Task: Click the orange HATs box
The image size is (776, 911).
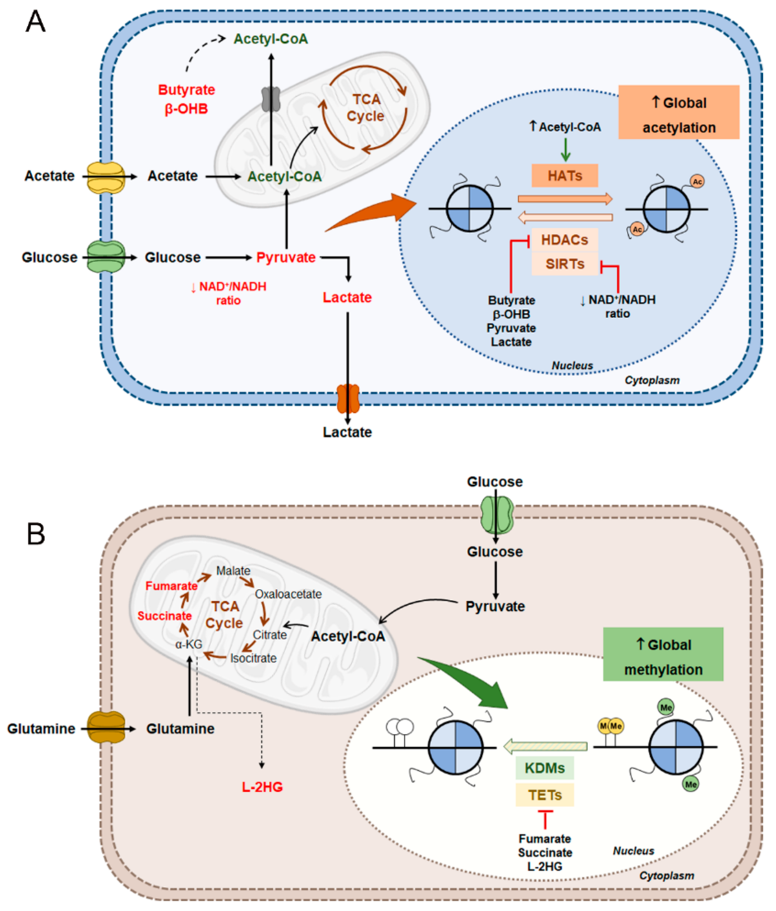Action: pos(564,176)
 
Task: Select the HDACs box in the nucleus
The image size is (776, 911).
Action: pos(564,240)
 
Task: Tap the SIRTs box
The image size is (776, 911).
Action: pos(564,264)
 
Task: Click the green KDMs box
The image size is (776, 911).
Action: pos(544,768)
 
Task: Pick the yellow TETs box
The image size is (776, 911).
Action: pos(544,795)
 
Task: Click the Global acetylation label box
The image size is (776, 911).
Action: pos(678,112)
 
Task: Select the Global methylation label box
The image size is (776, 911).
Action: pos(663,654)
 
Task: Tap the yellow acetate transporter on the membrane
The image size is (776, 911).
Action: pos(106,177)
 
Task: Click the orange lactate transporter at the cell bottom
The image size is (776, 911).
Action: pos(348,398)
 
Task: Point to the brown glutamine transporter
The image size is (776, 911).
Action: pos(106,728)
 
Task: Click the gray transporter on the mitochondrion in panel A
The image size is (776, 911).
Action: pos(271,99)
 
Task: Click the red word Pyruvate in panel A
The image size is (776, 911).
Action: pos(286,257)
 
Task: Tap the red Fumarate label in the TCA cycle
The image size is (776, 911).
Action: pos(171,586)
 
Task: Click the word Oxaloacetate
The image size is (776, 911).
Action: pos(288,594)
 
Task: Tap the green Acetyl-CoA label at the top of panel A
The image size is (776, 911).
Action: pos(270,39)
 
